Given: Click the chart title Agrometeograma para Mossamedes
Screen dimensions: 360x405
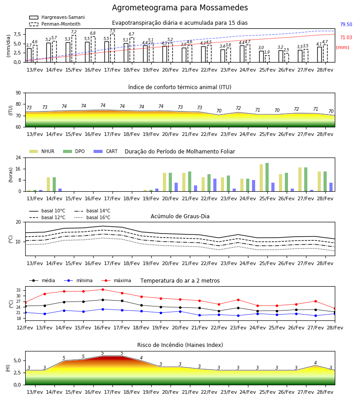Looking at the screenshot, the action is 180,8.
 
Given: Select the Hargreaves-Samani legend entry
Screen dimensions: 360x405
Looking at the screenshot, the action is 57,17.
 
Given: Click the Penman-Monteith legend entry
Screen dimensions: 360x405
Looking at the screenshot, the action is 55,24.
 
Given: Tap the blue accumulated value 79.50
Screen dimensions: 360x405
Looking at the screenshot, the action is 346,25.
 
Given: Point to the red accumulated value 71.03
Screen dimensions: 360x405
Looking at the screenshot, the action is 346,37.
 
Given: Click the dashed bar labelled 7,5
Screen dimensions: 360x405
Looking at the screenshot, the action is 112,48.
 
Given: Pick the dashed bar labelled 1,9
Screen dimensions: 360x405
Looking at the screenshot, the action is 267,58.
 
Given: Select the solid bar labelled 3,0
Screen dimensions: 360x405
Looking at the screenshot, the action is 261,57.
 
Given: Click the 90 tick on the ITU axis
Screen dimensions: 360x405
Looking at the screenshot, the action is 18,93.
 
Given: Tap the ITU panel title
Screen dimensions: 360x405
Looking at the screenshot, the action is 180,87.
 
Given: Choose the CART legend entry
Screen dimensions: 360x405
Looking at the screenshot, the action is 106,151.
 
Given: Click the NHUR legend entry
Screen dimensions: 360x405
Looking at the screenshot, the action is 42,151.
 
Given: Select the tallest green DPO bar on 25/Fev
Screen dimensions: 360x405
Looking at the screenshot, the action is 267,177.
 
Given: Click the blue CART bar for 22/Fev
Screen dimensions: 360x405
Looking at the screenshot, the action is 215,185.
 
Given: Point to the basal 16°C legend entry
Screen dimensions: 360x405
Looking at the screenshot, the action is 92,217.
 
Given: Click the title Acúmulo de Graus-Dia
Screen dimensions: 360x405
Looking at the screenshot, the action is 180,216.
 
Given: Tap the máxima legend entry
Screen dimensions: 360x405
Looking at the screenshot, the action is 116,280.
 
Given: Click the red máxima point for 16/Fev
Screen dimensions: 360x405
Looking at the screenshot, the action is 103,289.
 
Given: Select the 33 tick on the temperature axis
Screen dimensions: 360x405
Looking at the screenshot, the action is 18,290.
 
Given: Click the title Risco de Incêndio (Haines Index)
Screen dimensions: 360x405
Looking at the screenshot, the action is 180,345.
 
